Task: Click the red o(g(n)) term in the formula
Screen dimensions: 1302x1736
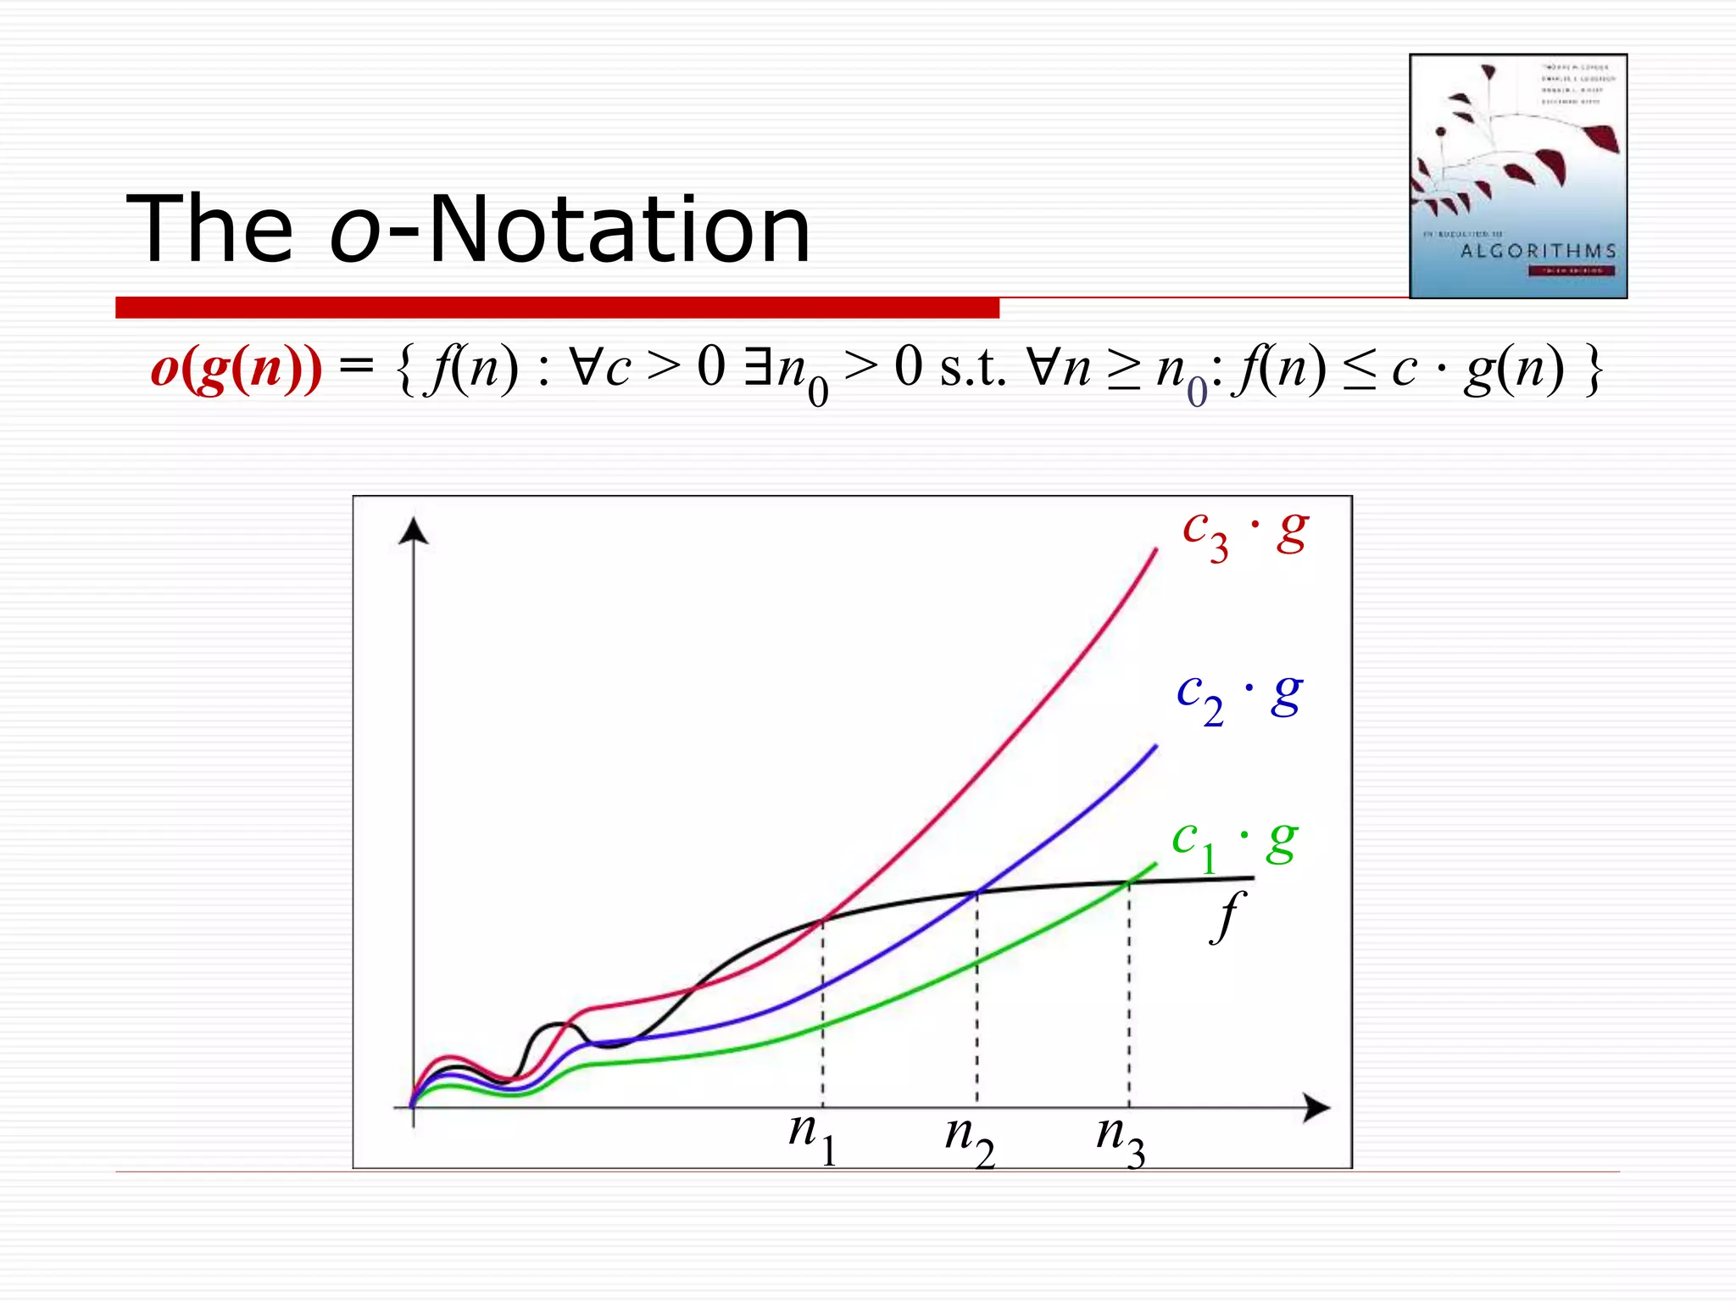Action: (x=236, y=369)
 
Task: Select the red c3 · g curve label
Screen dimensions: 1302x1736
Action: (x=1245, y=534)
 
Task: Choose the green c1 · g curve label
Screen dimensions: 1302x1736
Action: (x=1234, y=843)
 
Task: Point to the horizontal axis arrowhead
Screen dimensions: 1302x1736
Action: (x=1316, y=1107)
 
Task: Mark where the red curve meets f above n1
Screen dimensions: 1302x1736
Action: (x=823, y=920)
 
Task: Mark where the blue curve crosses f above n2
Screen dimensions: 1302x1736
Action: (x=977, y=892)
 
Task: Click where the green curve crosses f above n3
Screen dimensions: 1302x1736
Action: (x=1129, y=883)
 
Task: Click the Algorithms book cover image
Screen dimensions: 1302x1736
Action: (x=1517, y=176)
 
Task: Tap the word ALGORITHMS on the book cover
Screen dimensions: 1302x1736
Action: (x=1538, y=251)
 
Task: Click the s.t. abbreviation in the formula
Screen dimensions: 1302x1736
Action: (x=973, y=369)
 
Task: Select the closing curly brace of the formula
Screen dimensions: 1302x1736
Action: (x=1594, y=370)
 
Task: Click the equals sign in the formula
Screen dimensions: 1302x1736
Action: (x=356, y=367)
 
